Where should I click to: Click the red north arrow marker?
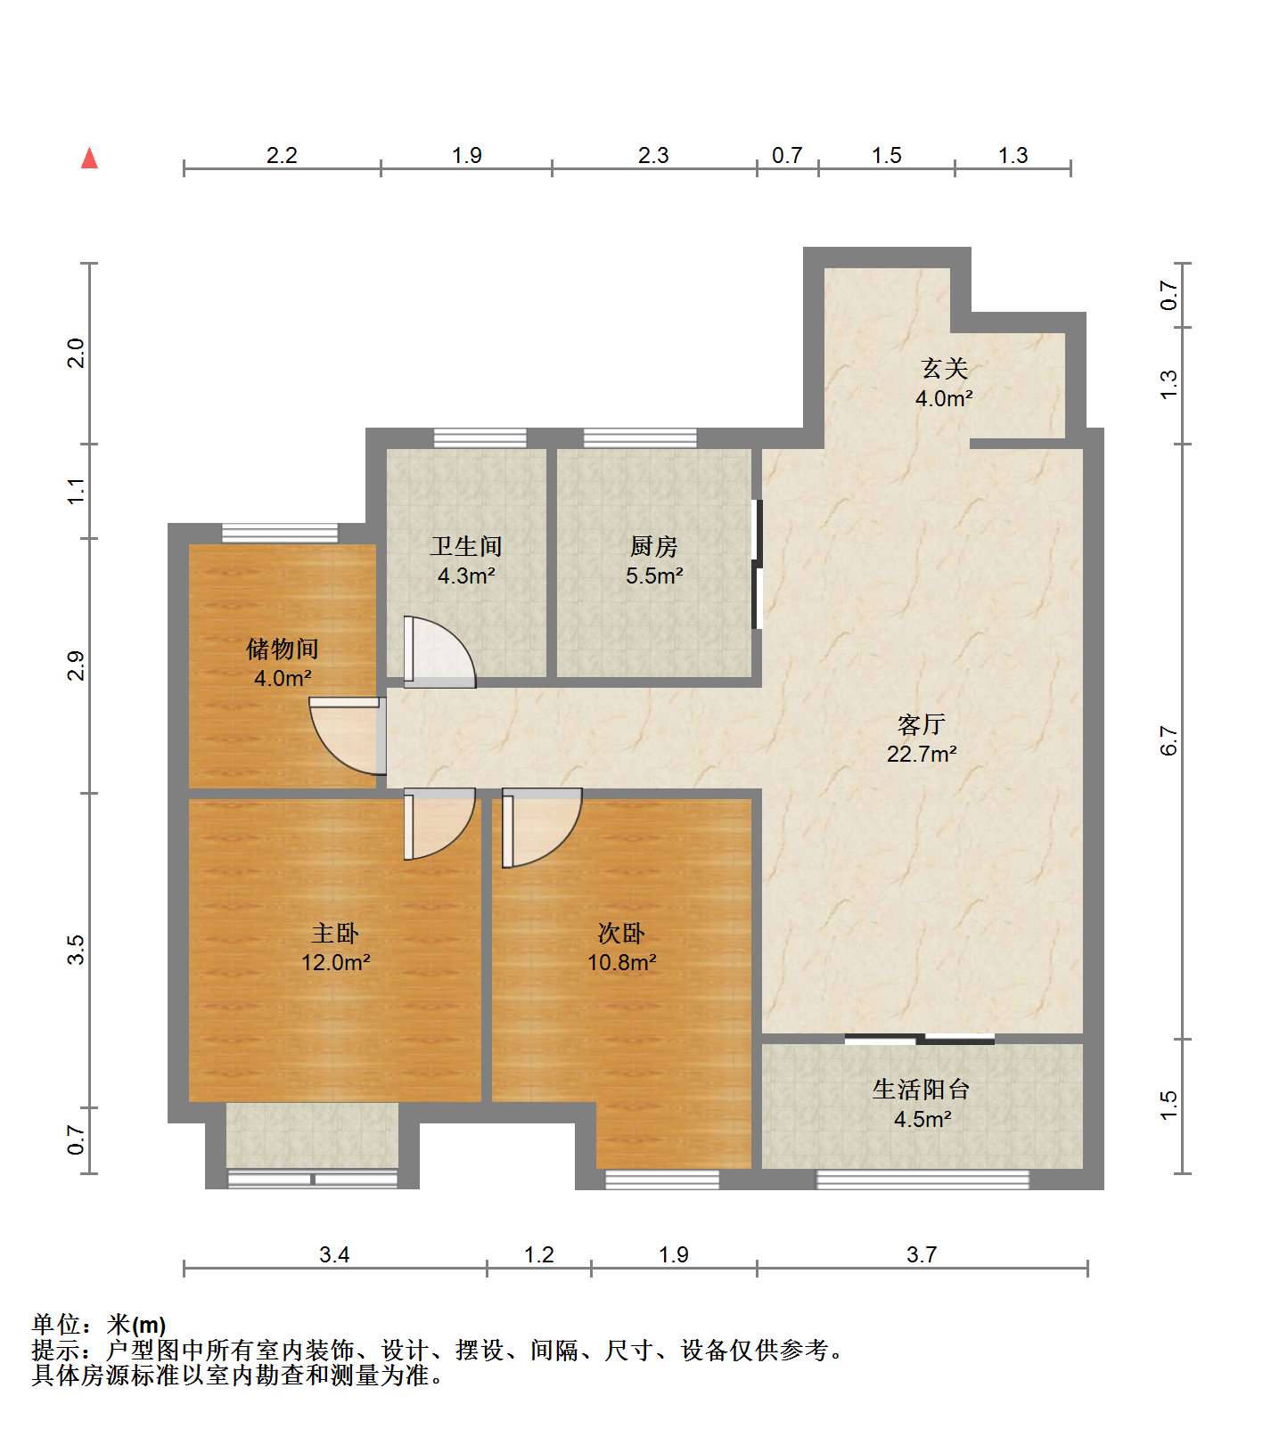pyautogui.click(x=89, y=159)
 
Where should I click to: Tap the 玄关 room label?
pyautogui.click(x=944, y=369)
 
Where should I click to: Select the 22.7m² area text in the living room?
pyautogui.click(x=921, y=754)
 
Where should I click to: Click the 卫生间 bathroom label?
pyautogui.click(x=466, y=546)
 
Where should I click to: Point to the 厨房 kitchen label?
pyautogui.click(x=653, y=546)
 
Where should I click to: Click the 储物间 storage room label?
pyautogui.click(x=282, y=649)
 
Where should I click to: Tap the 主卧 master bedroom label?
pyautogui.click(x=335, y=933)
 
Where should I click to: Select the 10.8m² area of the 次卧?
pyautogui.click(x=621, y=962)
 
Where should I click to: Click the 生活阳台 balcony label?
pyautogui.click(x=921, y=1089)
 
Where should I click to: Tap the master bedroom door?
pyautogui.click(x=439, y=824)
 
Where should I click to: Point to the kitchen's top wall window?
pyautogui.click(x=639, y=437)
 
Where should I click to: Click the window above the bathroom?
pyautogui.click(x=480, y=437)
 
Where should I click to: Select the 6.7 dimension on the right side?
pyautogui.click(x=1168, y=741)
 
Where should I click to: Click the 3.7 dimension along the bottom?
pyautogui.click(x=921, y=1254)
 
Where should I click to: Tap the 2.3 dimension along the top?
pyautogui.click(x=652, y=156)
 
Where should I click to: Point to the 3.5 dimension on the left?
pyautogui.click(x=77, y=949)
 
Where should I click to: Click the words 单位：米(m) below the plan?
pyautogui.click(x=99, y=1325)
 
